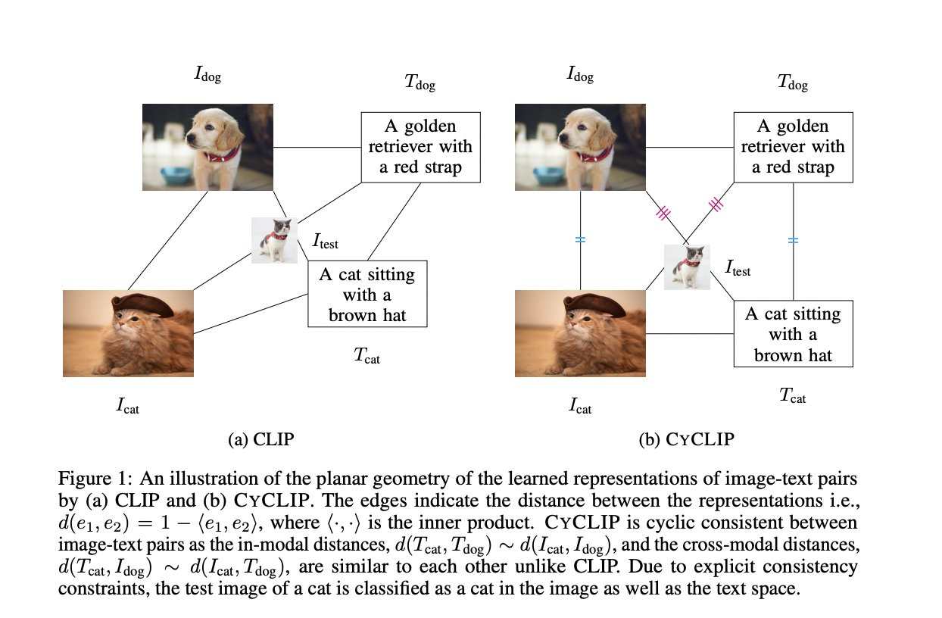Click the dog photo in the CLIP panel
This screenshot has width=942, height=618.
click(x=208, y=147)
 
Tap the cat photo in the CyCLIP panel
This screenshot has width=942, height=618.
click(x=581, y=333)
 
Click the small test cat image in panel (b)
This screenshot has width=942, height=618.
click(x=687, y=267)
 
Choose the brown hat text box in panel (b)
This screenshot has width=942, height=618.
click(x=793, y=334)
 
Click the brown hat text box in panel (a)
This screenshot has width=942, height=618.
click(x=367, y=294)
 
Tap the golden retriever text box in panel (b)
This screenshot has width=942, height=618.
click(x=793, y=147)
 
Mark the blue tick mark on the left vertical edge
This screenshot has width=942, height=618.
click(x=580, y=239)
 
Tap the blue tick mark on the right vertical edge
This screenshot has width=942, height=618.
click(x=793, y=239)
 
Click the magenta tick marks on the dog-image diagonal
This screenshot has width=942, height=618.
click(x=663, y=213)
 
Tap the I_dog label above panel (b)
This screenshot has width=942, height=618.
click(x=580, y=75)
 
